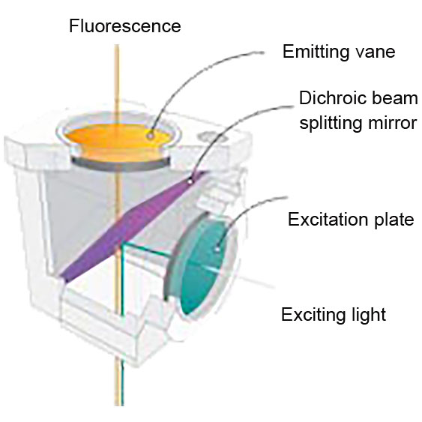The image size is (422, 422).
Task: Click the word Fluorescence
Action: [x=125, y=25]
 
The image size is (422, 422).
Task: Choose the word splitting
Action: [x=331, y=123]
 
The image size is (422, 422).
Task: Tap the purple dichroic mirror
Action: [x=133, y=226]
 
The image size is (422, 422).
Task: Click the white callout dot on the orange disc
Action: [x=151, y=136]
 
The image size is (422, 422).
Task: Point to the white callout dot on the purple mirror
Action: [x=190, y=181]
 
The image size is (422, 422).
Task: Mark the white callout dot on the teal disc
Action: [x=217, y=250]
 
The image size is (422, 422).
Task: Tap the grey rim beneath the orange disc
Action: [x=120, y=164]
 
